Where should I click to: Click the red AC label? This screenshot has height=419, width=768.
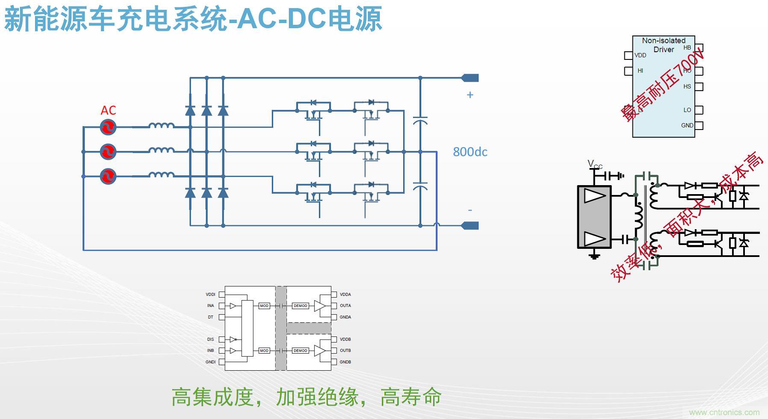click(x=108, y=110)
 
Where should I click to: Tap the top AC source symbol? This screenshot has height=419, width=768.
click(x=108, y=127)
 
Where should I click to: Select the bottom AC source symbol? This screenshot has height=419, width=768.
click(x=108, y=176)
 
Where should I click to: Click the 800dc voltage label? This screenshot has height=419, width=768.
click(x=470, y=152)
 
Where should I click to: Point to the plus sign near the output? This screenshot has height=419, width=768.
click(x=470, y=95)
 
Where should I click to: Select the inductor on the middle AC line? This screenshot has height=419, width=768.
click(x=161, y=150)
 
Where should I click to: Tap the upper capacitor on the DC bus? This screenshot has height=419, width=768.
click(x=420, y=120)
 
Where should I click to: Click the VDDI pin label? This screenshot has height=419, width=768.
click(x=210, y=295)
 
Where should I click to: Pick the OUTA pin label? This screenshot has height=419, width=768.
click(x=346, y=306)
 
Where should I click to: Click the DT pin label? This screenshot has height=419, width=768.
click(x=210, y=317)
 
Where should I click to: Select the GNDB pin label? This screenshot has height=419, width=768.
click(x=346, y=362)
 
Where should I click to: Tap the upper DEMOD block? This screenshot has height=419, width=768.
click(x=300, y=306)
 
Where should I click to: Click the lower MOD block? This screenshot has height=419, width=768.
click(x=264, y=351)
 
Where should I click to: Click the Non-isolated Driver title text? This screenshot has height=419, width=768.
click(x=664, y=45)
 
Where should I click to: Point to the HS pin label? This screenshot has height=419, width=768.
click(x=687, y=86)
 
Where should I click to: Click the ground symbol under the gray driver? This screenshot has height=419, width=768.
click(x=594, y=256)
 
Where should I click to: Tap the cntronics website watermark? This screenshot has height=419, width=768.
click(x=724, y=413)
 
